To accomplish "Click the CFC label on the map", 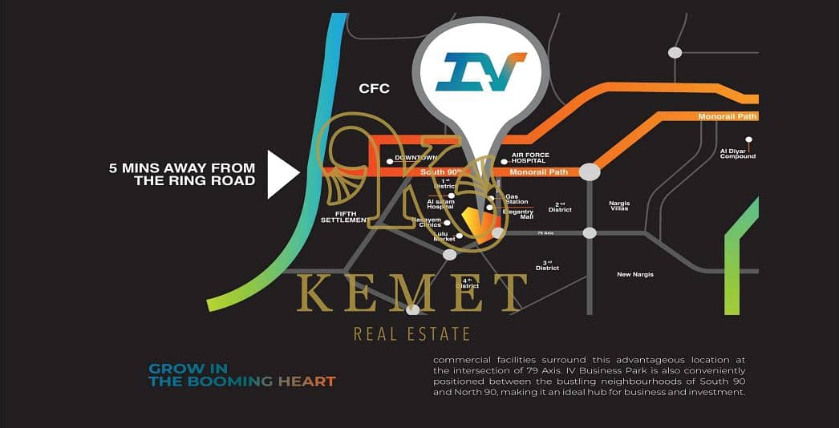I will (x=374, y=88).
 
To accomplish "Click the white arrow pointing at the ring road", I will (x=282, y=174).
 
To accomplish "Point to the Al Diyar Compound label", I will (x=737, y=154).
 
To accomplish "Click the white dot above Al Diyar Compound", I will (x=748, y=139).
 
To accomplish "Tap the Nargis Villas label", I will (x=619, y=206).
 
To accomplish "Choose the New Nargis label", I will (x=634, y=274).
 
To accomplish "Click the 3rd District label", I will (x=547, y=265).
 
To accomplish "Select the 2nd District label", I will (x=560, y=207).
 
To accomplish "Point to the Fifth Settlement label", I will (x=343, y=216).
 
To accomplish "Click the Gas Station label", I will (x=512, y=198).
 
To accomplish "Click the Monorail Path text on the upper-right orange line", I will (x=728, y=117).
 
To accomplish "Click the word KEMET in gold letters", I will (x=411, y=294).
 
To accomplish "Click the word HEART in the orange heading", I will (x=306, y=382).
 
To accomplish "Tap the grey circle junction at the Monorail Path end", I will (x=590, y=172).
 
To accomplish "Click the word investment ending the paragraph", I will (x=718, y=393).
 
